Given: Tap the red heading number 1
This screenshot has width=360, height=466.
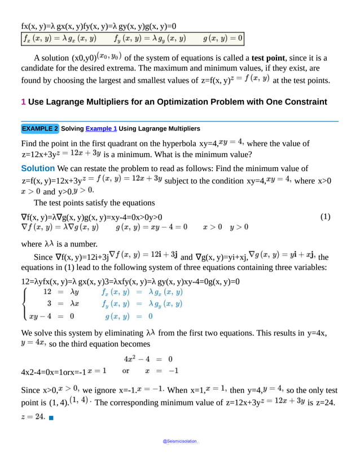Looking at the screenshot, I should point(23,102).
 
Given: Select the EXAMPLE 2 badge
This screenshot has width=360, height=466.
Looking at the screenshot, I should point(39,129).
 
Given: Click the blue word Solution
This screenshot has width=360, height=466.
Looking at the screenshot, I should point(38,168).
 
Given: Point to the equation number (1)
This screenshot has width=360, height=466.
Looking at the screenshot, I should point(325,217).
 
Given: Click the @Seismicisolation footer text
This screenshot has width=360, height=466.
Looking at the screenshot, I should point(180,441).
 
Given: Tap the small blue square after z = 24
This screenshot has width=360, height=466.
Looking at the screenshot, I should point(51,417).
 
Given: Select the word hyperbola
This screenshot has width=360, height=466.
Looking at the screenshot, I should point(178,143).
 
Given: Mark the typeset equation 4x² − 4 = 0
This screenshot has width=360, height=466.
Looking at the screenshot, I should point(148,359).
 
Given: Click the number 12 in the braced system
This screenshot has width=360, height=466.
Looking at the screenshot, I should point(48,292).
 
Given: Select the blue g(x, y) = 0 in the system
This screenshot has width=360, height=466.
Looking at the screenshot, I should point(123,317).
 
